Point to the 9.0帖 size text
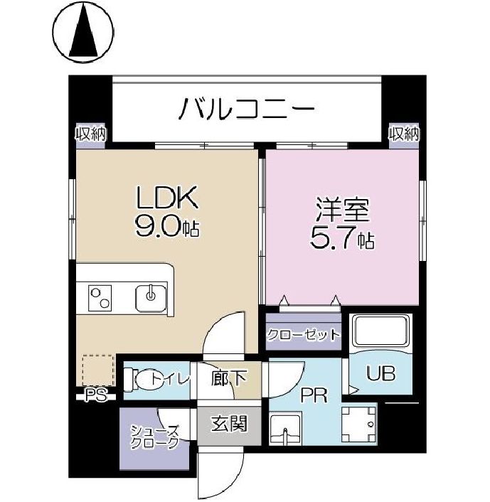coord(166,228)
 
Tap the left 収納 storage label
coord(90,133)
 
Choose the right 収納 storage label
coord(403,133)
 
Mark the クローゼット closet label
coord(304,335)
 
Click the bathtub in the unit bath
coord(382,331)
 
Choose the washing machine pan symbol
coord(360,424)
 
